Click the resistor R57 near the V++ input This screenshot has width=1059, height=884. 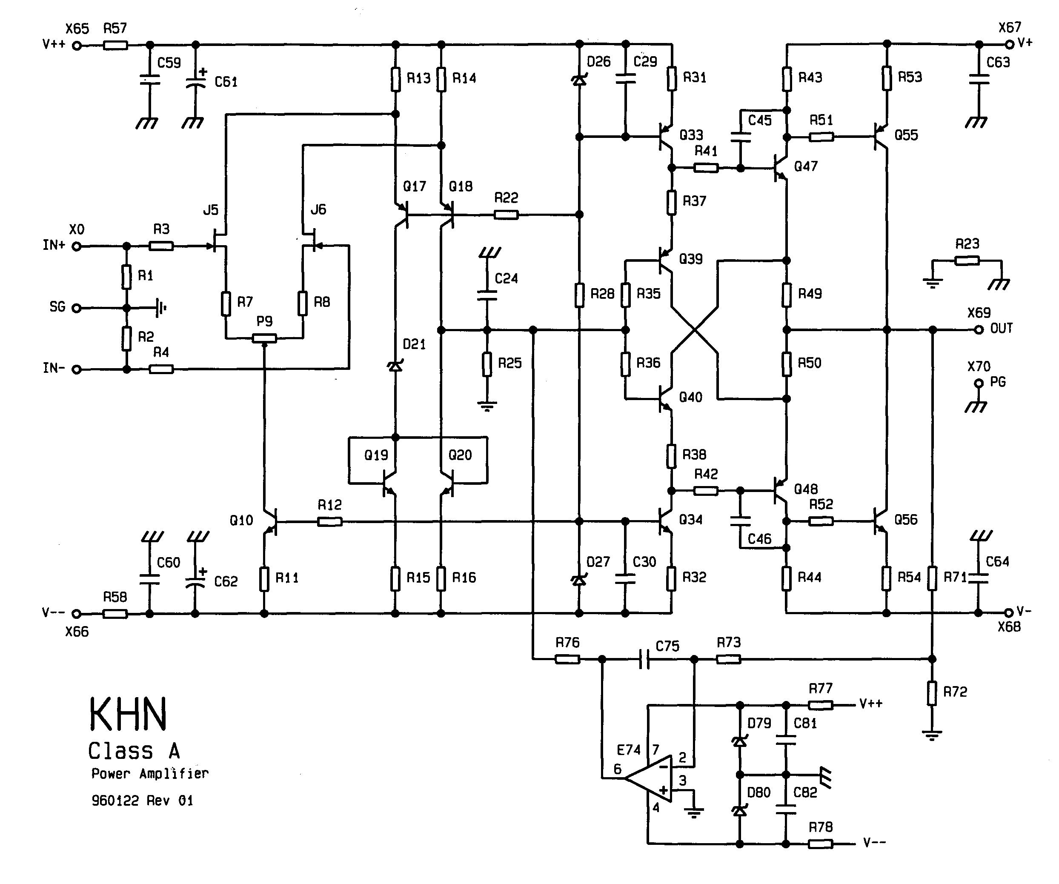(115, 46)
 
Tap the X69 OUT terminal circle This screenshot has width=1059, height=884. (979, 330)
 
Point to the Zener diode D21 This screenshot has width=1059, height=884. (395, 366)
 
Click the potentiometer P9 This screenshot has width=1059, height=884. (264, 338)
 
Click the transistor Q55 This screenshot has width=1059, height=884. (880, 136)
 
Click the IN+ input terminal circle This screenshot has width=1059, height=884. (77, 246)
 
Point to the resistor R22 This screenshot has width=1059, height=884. (506, 215)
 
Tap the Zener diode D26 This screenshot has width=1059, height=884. (579, 80)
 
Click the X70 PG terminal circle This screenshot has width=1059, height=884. (979, 383)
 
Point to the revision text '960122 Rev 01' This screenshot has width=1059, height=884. (142, 800)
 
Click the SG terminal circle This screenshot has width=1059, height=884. (77, 308)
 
